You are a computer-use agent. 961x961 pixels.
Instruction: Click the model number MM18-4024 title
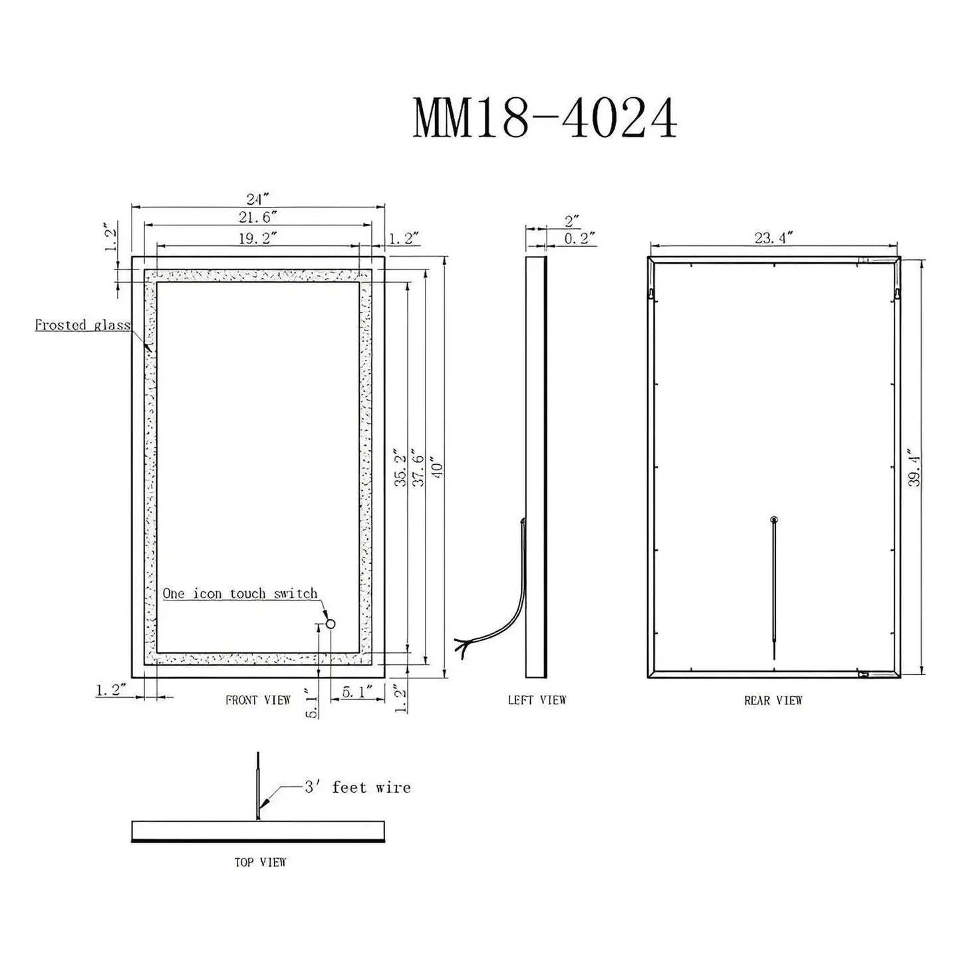[545, 118]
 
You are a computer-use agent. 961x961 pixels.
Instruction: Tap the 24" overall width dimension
[257, 200]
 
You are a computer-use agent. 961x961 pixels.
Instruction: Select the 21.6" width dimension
[258, 217]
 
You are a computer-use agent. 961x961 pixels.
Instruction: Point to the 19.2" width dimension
[258, 238]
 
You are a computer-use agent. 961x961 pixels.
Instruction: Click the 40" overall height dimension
[438, 470]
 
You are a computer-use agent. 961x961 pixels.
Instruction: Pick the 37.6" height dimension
[418, 470]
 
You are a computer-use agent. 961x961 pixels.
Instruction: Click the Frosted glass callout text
[82, 325]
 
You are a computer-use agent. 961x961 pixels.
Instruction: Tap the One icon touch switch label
[240, 593]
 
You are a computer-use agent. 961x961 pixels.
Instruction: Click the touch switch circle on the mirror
[330, 624]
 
